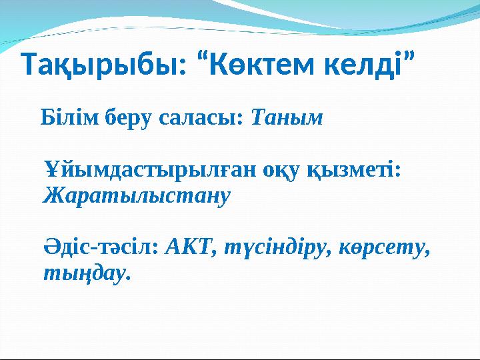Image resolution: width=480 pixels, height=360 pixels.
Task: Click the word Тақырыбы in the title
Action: pos(101,65)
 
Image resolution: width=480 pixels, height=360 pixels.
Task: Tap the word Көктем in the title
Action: pos(263,64)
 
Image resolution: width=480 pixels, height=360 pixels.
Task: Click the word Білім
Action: pos(70,117)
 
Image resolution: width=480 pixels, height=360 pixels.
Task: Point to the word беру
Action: pos(128,119)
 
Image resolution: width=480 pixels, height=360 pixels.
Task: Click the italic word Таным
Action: pos(287,117)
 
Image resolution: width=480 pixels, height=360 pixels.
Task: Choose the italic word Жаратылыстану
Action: pos(137,196)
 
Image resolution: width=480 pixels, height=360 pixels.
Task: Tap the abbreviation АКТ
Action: pos(188,247)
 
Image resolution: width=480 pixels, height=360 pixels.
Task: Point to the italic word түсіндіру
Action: pos(274,248)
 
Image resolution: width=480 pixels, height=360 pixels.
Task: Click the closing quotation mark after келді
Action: pos(409,56)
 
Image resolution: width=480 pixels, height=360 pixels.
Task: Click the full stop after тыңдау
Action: pos(128,278)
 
